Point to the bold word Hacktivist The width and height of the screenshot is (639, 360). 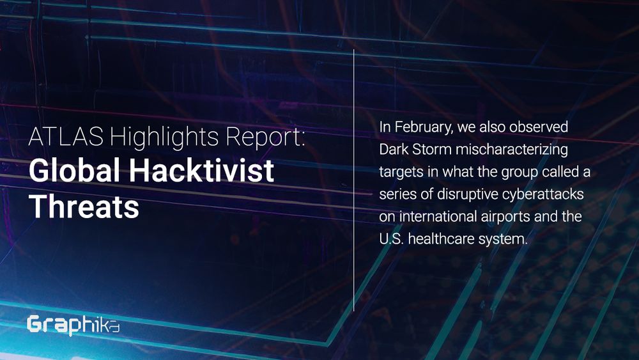202,171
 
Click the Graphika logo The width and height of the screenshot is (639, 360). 73,325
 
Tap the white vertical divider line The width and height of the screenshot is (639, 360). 354,180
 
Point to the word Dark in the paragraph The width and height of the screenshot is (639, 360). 393,149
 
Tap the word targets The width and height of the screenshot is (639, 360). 401,172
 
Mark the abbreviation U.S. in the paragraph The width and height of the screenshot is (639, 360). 392,239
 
